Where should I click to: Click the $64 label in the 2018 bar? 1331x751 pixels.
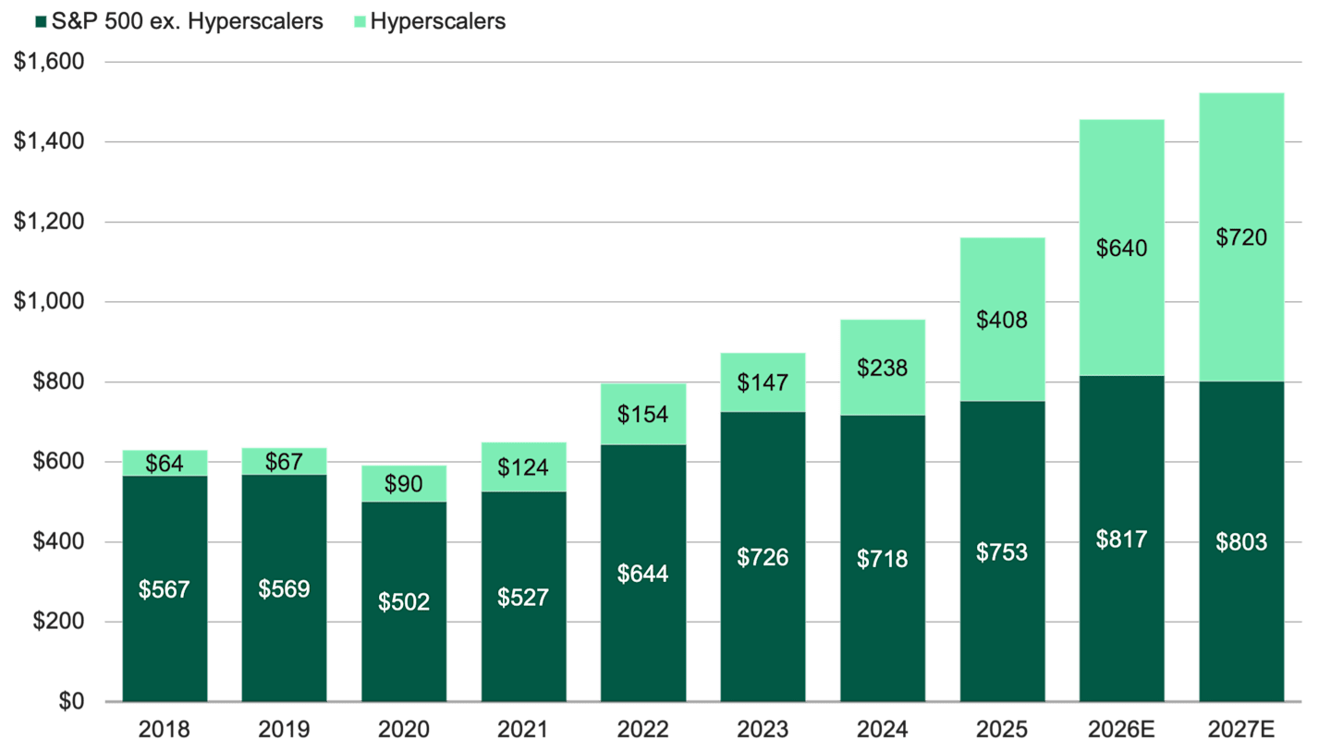tap(165, 464)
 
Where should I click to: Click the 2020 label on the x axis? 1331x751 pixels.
tap(404, 730)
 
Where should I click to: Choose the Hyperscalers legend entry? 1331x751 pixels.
tap(437, 21)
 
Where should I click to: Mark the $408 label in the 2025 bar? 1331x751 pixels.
tap(1002, 321)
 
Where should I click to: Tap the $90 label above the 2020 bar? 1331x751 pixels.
tap(404, 484)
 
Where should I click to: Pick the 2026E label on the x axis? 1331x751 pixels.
tap(1121, 730)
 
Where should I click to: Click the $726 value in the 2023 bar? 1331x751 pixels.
tap(763, 557)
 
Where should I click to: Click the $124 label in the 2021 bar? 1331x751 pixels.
tap(523, 467)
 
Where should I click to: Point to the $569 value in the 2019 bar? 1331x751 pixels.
tap(284, 588)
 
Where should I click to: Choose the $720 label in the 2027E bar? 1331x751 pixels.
tap(1241, 238)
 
